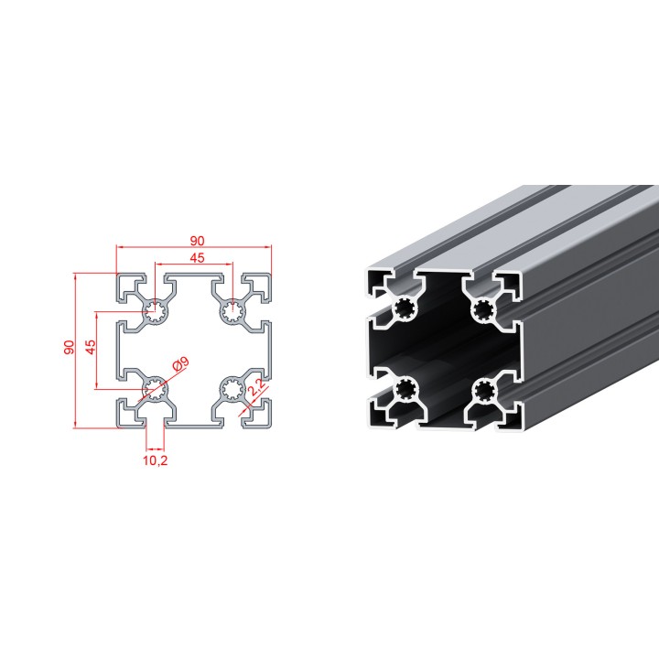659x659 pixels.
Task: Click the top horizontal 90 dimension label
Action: (197, 241)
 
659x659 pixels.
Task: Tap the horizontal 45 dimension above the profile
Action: (197, 257)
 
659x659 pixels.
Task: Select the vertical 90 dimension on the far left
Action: (69, 347)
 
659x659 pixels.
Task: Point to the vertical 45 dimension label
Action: (91, 347)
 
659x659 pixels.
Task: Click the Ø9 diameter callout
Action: (181, 364)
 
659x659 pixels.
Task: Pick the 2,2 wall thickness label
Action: (255, 387)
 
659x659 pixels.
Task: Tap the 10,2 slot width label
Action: (155, 460)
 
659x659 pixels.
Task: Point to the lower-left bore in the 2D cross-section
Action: (156, 388)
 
